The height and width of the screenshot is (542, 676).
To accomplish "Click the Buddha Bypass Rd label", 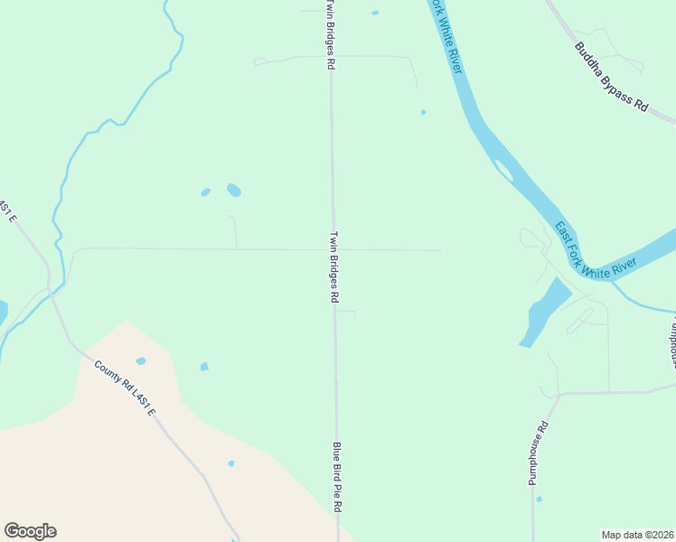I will (612, 77).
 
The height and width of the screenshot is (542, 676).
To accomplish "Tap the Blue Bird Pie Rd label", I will (336, 477).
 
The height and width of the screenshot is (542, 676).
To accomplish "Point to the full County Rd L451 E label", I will (125, 388).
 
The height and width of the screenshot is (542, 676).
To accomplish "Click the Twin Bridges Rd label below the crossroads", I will (333, 266).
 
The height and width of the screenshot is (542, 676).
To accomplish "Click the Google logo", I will (30, 531).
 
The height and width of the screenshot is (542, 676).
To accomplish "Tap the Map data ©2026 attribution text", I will (637, 535).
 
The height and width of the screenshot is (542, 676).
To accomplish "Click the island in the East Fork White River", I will (503, 169).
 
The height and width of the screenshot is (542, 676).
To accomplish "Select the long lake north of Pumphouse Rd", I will (544, 312).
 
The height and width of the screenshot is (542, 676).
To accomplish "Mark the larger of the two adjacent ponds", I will (233, 190).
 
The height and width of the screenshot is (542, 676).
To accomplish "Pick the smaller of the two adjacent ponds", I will (206, 192).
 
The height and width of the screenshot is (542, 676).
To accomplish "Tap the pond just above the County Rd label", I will (140, 360).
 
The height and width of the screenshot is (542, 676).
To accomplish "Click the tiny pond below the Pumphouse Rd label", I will (539, 498).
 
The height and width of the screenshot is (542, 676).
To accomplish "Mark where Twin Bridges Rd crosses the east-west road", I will (333, 249).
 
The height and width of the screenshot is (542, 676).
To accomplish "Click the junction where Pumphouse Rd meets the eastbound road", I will (560, 394).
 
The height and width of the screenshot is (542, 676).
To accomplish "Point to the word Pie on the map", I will (336, 481).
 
